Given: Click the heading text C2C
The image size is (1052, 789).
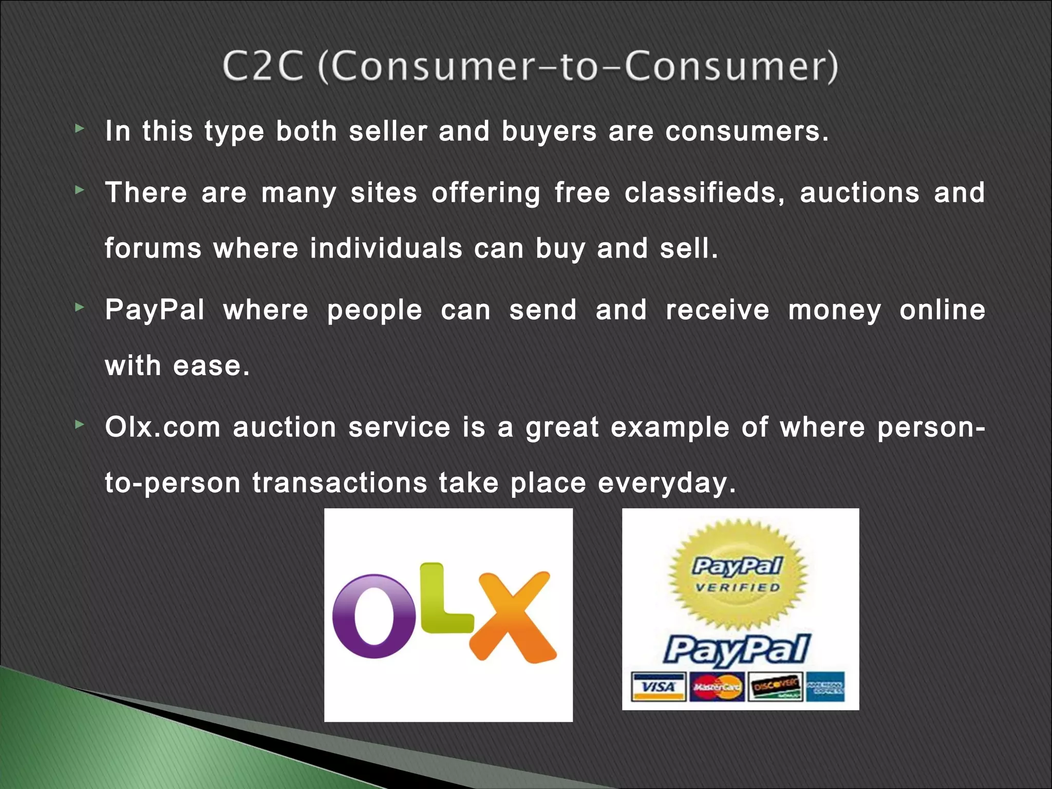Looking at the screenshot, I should (x=262, y=67).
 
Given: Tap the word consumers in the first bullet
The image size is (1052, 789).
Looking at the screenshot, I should (x=746, y=131).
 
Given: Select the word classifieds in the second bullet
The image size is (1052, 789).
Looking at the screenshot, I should (x=704, y=193).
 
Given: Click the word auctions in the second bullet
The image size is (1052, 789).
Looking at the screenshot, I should (x=859, y=193).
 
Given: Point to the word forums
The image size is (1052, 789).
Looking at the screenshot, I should (x=153, y=249).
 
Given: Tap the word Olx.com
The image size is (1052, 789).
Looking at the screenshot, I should (x=162, y=427).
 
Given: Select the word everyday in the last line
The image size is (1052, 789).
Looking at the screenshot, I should (x=667, y=483).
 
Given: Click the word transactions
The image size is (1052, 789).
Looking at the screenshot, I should (x=340, y=483).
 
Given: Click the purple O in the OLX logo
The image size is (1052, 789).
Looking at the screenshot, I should (x=373, y=616).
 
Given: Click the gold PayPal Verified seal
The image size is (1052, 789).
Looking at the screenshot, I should (x=738, y=574).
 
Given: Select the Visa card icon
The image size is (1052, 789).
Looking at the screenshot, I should (x=659, y=687).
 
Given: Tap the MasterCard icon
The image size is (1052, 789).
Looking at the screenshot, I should (x=717, y=687).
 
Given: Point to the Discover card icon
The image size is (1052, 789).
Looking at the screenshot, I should (x=775, y=687).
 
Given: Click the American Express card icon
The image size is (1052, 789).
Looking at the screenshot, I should (x=825, y=687).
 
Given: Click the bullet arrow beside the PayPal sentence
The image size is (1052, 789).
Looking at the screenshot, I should (x=79, y=308).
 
